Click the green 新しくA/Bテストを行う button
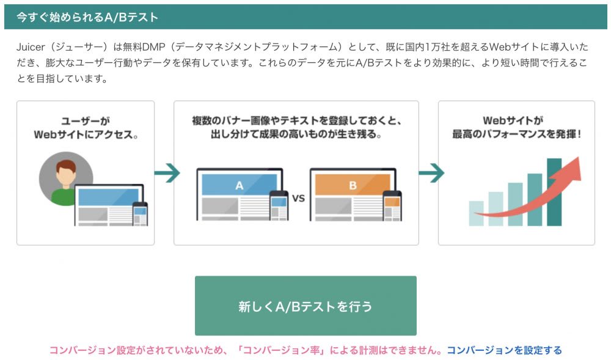pyautogui.click(x=305, y=306)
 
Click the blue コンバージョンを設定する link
pyautogui.click(x=504, y=350)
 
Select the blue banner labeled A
pyautogui.click(x=239, y=185)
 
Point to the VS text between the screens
pyautogui.click(x=298, y=198)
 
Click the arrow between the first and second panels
pyautogui.click(x=166, y=174)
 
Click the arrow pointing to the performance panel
pyautogui.click(x=430, y=174)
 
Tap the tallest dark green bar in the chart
pyautogui.click(x=554, y=192)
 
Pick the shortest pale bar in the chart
pyautogui.click(x=476, y=213)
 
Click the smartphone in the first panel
pyautogui.click(x=140, y=213)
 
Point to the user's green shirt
pyautogui.click(x=62, y=196)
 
